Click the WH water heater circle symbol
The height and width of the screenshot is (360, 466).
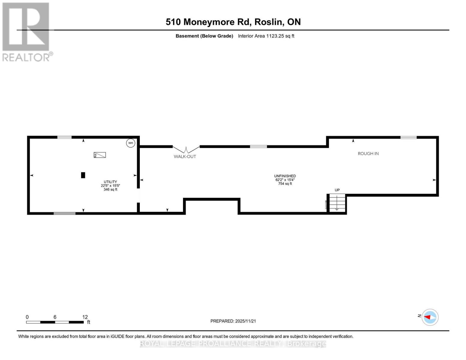pyautogui.click(x=131, y=143)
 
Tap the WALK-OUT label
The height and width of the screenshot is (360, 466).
pyautogui.click(x=185, y=156)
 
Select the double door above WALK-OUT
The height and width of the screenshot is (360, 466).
pyautogui.click(x=186, y=149)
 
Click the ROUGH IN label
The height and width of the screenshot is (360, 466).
pyautogui.click(x=368, y=154)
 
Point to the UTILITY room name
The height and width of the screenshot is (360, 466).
pyautogui.click(x=110, y=182)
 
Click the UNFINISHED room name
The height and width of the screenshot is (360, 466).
pyautogui.click(x=285, y=176)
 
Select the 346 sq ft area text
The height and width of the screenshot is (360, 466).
pyautogui.click(x=110, y=190)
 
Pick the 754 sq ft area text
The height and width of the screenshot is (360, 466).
pyautogui.click(x=285, y=184)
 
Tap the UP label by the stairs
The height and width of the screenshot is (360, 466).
pyautogui.click(x=337, y=190)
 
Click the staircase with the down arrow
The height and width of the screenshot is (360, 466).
pyautogui.click(x=337, y=203)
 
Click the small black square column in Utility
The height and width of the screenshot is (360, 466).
pyautogui.click(x=83, y=175)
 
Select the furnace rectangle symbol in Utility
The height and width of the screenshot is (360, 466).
pyautogui.click(x=100, y=155)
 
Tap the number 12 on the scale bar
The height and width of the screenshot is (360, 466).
pyautogui.click(x=85, y=317)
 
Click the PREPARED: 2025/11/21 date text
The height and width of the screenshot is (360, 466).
pyautogui.click(x=233, y=321)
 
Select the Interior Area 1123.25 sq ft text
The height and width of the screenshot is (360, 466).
pyautogui.click(x=266, y=36)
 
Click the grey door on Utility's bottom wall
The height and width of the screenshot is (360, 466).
pyautogui.click(x=65, y=213)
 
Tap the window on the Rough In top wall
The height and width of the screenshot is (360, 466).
pyautogui.click(x=408, y=137)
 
